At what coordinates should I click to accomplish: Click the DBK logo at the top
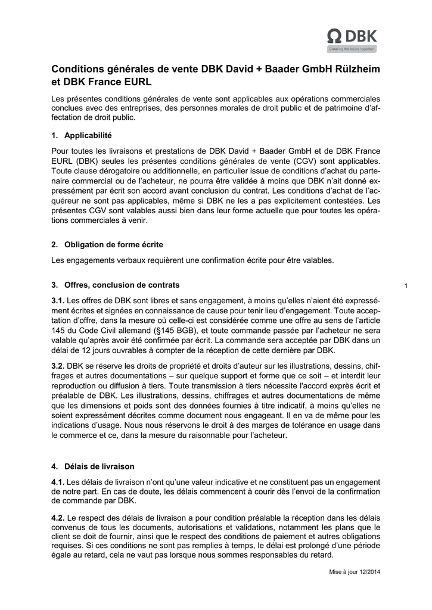click(x=352, y=36)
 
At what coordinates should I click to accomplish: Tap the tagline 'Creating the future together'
click(x=352, y=49)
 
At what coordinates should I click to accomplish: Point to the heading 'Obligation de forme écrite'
click(x=113, y=245)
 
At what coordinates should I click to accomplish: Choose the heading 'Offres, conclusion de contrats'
click(x=122, y=285)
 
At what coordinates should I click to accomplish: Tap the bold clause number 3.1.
click(x=58, y=300)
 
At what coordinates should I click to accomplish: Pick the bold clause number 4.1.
click(x=58, y=482)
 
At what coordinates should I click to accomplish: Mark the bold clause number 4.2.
click(x=58, y=518)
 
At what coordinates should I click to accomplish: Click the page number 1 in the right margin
click(x=406, y=287)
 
